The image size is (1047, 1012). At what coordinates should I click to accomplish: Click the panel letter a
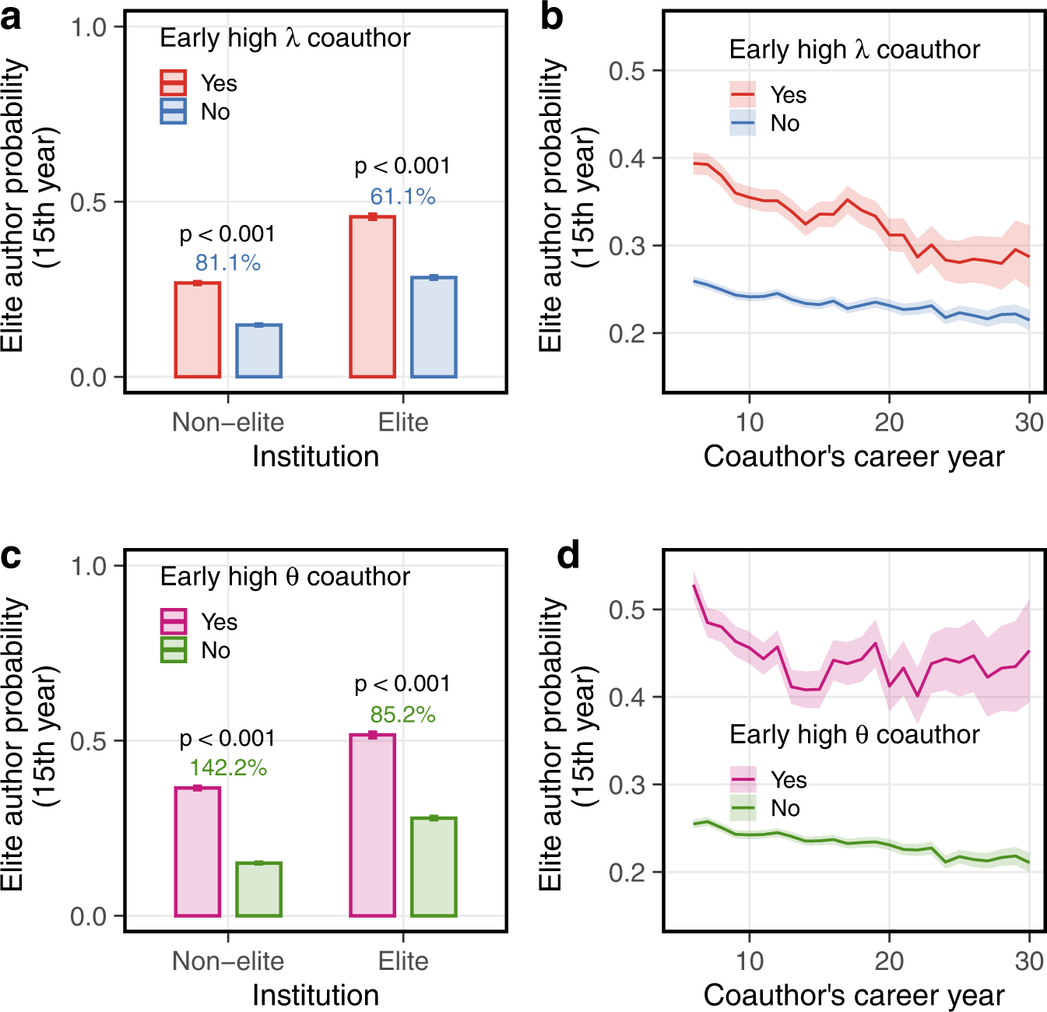coord(12,17)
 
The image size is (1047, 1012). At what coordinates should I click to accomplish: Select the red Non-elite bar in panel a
coord(198,330)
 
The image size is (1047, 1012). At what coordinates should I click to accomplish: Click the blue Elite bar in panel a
coord(434,327)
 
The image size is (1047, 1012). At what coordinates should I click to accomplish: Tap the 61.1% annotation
coord(402,196)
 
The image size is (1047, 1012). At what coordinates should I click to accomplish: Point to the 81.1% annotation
coord(227,263)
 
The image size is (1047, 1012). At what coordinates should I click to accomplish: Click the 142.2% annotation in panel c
coord(228,768)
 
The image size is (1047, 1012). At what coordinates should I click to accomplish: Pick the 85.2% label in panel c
coord(402,715)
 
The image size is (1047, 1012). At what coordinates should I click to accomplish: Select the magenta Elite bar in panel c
coord(373,825)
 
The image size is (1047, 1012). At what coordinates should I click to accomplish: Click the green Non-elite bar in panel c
coord(258,889)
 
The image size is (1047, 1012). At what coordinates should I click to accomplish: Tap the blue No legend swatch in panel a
coord(173,111)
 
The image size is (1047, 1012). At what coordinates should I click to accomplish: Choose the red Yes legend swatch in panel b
coord(743,94)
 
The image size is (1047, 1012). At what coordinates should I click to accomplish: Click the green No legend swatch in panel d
coord(743,808)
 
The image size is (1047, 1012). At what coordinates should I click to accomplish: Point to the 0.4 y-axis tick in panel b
coord(627,158)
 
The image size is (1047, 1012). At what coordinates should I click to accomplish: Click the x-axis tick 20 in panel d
coord(889,961)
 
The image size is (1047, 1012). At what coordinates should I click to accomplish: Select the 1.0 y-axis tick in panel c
coord(88,566)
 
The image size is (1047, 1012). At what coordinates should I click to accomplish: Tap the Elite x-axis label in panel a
coord(403,422)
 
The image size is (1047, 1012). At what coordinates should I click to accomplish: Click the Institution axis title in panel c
coord(315,995)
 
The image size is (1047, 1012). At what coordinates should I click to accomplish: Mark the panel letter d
coord(568,556)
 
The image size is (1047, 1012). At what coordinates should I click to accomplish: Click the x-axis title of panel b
coord(854,456)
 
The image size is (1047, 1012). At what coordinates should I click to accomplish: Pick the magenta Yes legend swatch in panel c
coord(173,621)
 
